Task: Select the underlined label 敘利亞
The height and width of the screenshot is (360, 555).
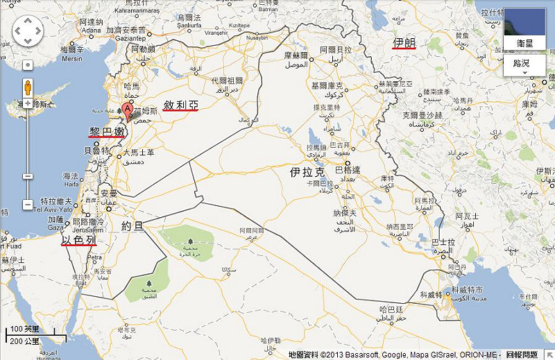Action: [180, 105]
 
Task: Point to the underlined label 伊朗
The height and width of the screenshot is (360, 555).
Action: [404, 43]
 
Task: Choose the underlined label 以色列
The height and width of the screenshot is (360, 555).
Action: [78, 240]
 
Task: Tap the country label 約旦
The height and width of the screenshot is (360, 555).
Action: [132, 225]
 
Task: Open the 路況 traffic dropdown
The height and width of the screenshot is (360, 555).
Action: [524, 65]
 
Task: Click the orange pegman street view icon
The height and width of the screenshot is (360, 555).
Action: [28, 88]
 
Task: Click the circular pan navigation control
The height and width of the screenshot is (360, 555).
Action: [28, 31]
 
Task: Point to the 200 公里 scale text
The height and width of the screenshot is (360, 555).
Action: [24, 341]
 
